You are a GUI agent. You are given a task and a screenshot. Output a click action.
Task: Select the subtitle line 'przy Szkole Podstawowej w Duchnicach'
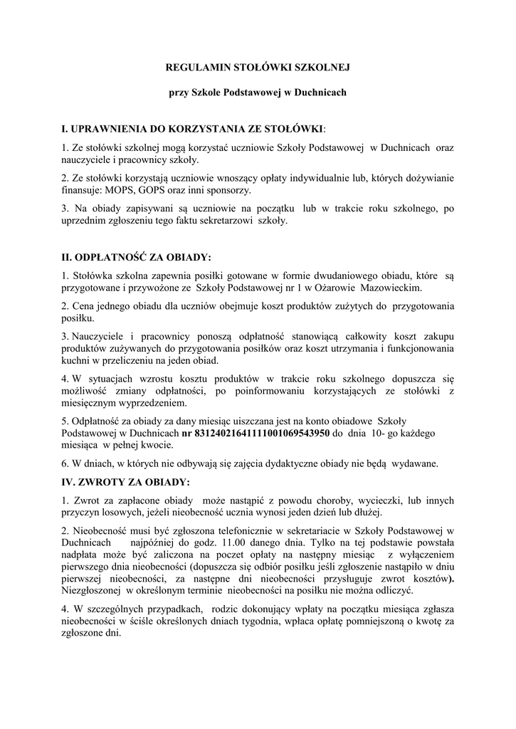(257, 93)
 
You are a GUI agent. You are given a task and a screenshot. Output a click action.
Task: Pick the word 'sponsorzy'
(228, 191)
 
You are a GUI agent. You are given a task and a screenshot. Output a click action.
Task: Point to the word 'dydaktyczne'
(276, 463)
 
